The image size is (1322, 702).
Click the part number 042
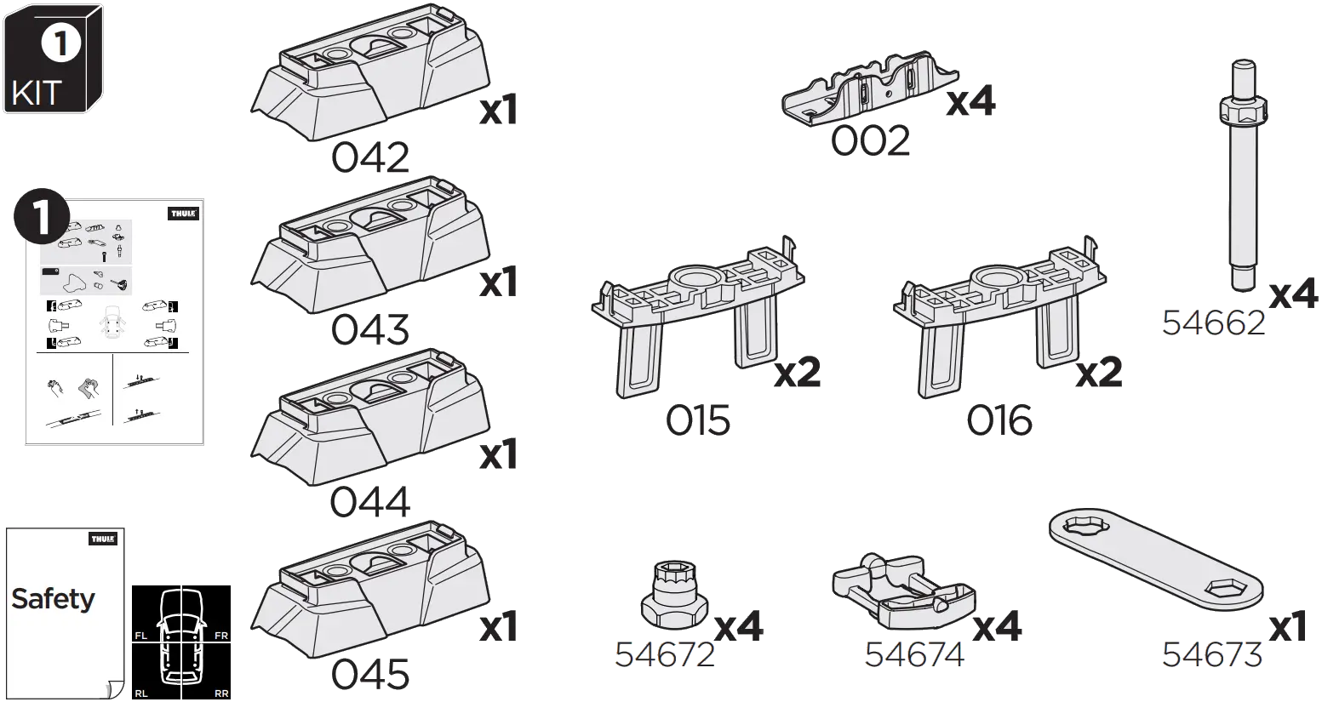click(369, 158)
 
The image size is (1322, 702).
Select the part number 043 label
click(369, 330)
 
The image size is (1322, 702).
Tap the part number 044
click(369, 502)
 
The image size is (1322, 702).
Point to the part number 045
click(369, 676)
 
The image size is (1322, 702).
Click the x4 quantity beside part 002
click(970, 101)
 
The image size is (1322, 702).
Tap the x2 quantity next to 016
click(1099, 373)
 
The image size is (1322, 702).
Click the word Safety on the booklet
click(53, 599)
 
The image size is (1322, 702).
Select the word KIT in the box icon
click(37, 93)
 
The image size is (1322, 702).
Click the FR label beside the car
click(221, 636)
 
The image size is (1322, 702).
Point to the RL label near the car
click(141, 694)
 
